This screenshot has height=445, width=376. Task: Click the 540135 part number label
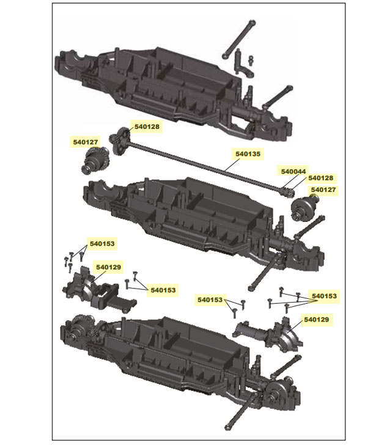[x=248, y=154]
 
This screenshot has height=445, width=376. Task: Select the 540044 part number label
[x=293, y=172]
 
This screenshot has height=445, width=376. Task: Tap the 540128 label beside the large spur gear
[x=147, y=127]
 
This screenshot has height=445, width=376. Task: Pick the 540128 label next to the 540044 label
[x=320, y=178]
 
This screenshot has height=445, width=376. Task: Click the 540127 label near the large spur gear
[x=86, y=142]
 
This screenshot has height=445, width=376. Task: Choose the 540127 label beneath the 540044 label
[x=323, y=189]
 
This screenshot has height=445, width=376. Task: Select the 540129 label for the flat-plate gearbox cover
[x=108, y=267]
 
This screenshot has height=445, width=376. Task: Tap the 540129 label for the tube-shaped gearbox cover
[x=317, y=320]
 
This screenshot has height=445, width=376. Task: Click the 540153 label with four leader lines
[x=325, y=296]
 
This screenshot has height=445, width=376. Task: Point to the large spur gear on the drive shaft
[x=122, y=140]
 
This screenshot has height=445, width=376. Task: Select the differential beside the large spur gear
[x=95, y=160]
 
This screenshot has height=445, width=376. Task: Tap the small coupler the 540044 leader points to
[x=288, y=192]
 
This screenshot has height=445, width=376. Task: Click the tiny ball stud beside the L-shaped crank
[x=251, y=60]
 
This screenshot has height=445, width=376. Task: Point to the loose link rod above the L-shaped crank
[x=239, y=40]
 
